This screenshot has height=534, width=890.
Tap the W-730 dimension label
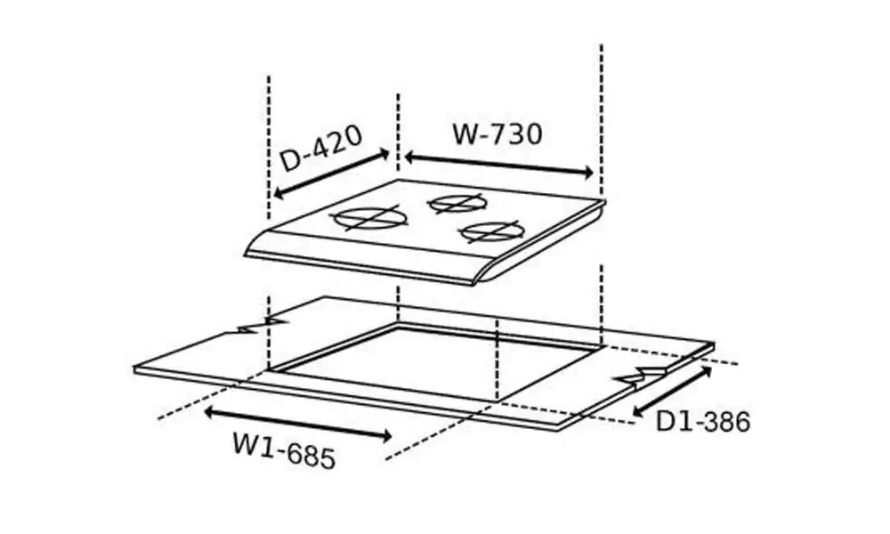(x=498, y=134)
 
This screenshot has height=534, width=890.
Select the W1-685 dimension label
(x=284, y=450)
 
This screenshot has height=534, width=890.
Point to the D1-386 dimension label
(x=703, y=422)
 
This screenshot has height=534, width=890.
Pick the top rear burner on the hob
(x=457, y=203)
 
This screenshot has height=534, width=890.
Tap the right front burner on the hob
(x=488, y=231)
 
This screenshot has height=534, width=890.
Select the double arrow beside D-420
(x=331, y=174)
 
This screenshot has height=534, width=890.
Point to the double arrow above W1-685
(x=298, y=424)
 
